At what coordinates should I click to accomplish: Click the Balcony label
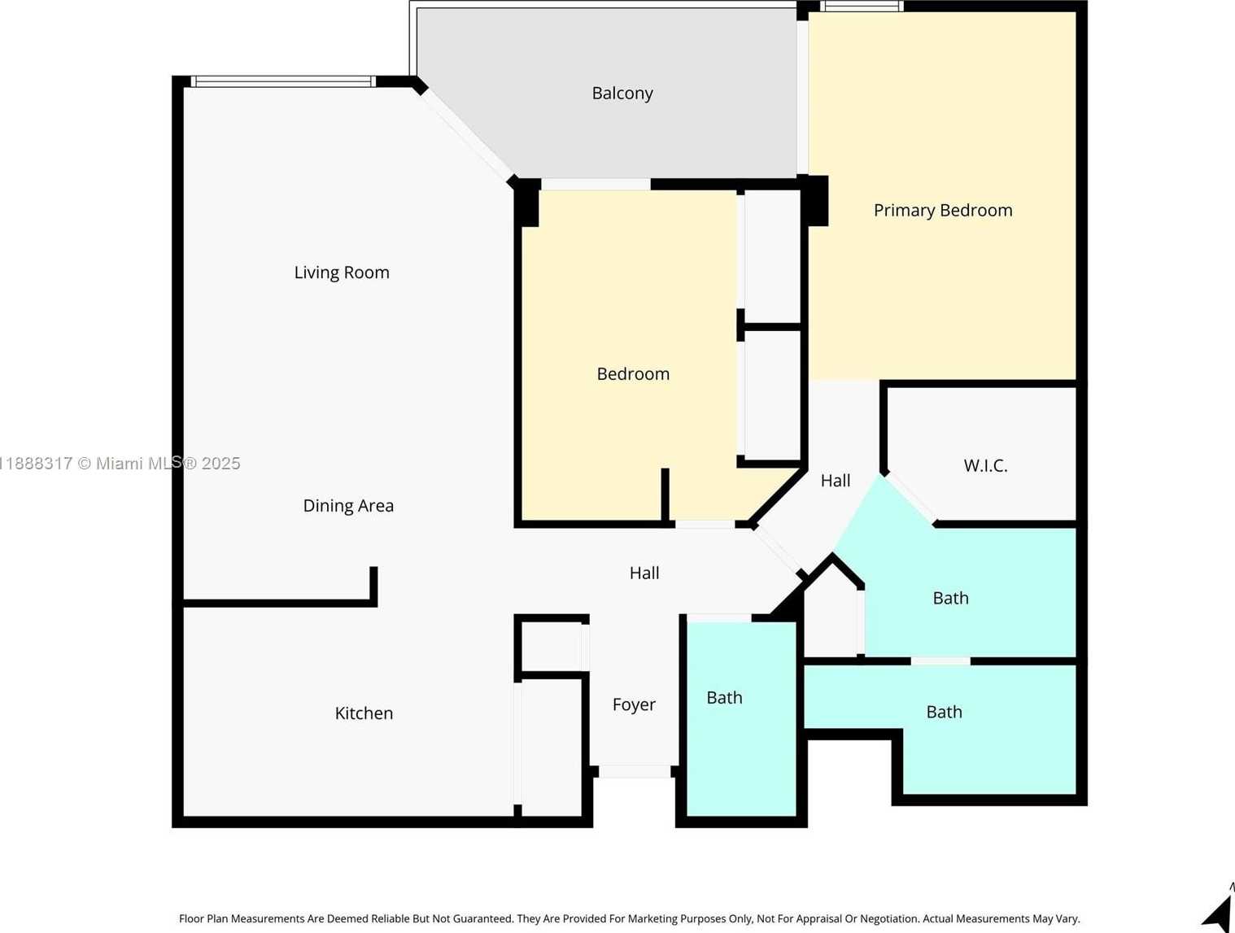pos(622,94)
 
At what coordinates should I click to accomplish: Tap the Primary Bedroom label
pos(943,211)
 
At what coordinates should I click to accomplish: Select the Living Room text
pos(342,272)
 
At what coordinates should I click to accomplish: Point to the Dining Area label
pos(348,506)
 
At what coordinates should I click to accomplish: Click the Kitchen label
pos(364,713)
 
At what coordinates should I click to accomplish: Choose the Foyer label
pos(634,704)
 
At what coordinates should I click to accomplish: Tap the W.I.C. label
pos(985,465)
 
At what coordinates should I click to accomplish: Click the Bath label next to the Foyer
pos(725,698)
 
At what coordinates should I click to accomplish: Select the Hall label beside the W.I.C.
pos(836,481)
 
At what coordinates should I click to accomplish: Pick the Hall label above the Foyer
pos(644,573)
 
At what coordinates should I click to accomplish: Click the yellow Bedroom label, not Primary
pos(633,374)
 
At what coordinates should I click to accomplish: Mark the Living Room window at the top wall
pos(284,81)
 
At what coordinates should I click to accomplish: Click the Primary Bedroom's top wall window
pos(862,7)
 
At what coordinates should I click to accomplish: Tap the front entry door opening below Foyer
pos(635,771)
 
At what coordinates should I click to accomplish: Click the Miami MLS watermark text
pos(120,464)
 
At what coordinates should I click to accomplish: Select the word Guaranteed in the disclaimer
pos(473,919)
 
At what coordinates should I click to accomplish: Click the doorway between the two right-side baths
pos(940,661)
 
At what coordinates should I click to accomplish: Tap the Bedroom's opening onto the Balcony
pos(596,185)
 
